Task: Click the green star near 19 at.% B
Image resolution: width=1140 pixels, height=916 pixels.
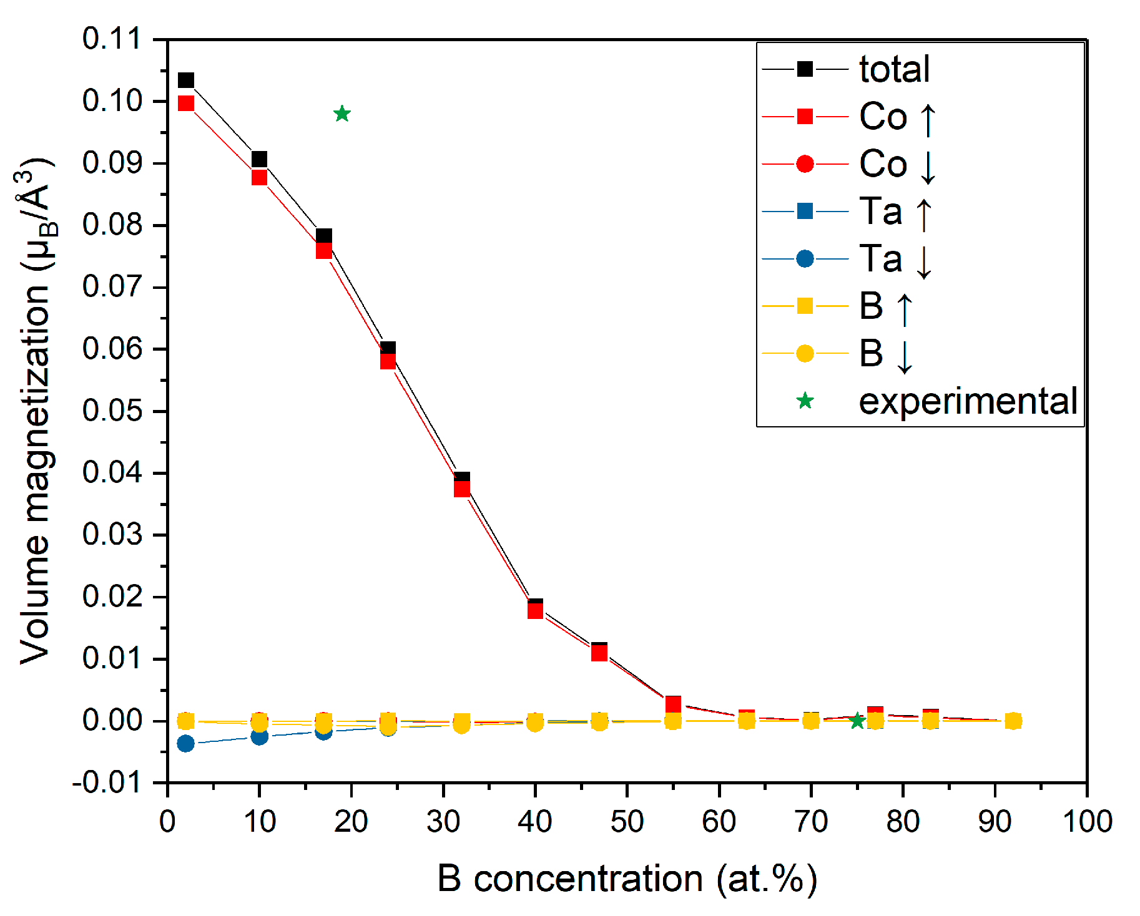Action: pos(342,114)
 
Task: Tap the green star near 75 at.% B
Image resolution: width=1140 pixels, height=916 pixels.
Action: pos(857,721)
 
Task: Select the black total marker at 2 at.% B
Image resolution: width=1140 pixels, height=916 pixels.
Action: pos(186,80)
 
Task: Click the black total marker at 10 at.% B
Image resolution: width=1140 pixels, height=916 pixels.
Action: pos(259,158)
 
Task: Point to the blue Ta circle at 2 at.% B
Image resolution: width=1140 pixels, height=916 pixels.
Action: pos(185,743)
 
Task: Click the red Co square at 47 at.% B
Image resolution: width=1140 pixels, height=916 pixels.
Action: pos(599,653)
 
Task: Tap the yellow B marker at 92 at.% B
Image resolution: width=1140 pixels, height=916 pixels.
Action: pos(1013,721)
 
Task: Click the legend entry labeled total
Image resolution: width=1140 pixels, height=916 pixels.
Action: pos(893,69)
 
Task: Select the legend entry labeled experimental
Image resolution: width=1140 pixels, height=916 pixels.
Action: pos(967,401)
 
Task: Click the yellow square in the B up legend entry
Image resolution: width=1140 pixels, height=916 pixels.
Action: pos(805,306)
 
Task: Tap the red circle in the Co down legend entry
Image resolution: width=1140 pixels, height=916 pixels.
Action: pos(805,164)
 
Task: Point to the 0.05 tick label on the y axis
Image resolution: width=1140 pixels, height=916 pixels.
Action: pos(112,411)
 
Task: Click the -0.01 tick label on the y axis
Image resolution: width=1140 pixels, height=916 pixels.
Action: pos(107,782)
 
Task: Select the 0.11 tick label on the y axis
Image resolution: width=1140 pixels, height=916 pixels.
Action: pos(112,39)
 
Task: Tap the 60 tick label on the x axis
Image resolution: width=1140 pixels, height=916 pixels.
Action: pos(719,822)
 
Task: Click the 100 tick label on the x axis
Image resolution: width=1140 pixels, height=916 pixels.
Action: pos(1087,822)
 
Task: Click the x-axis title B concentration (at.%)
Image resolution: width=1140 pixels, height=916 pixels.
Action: pos(627,879)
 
